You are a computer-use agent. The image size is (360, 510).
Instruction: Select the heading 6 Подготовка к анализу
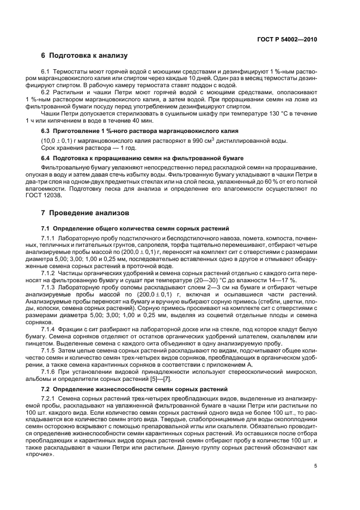[x=84, y=56]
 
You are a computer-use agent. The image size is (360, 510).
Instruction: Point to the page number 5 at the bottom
[x=316, y=466]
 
